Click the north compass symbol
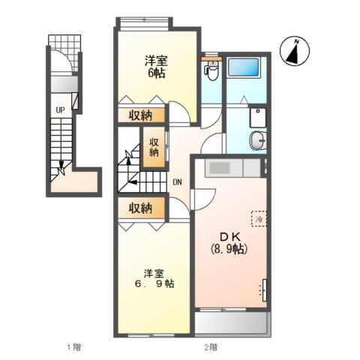tap(297, 51)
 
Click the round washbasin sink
tap(258, 139)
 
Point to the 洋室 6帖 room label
tap(155, 67)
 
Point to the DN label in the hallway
tap(177, 182)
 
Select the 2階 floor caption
tap(211, 346)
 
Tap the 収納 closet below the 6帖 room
tap(140, 115)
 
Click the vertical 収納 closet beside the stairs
tap(154, 147)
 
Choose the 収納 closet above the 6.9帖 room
tap(140, 208)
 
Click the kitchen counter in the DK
tap(228, 166)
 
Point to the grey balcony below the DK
tap(231, 323)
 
